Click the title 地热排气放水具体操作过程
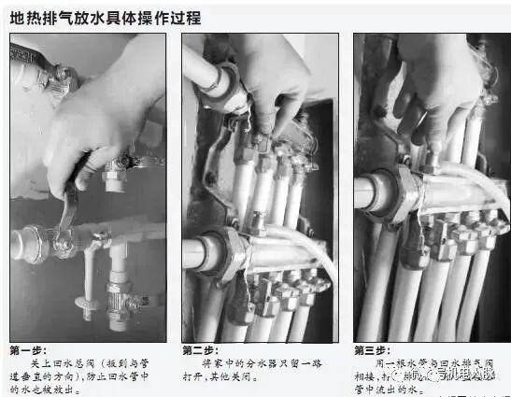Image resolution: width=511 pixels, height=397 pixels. pyautogui.click(x=106, y=17)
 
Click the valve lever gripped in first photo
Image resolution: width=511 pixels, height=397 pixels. pyautogui.click(x=70, y=201)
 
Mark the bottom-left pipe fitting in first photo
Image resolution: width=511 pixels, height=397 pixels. pyautogui.click(x=28, y=243)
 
